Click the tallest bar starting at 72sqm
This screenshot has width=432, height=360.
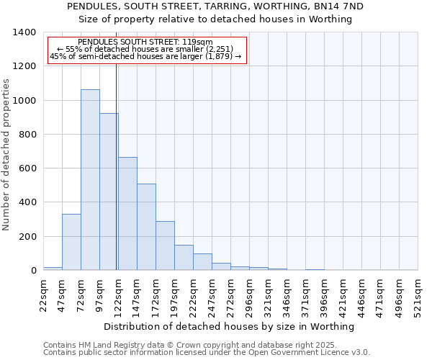tap(90, 180)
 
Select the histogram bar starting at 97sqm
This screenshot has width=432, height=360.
tap(109, 192)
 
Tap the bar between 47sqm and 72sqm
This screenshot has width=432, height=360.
tap(71, 242)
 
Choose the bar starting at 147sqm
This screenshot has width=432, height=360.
tap(146, 227)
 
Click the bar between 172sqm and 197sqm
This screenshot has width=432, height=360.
tap(165, 246)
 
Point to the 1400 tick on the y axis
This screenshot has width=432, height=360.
tap(24, 32)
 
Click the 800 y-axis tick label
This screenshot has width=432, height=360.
tap(27, 135)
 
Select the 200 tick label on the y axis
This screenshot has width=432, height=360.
tap(27, 237)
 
